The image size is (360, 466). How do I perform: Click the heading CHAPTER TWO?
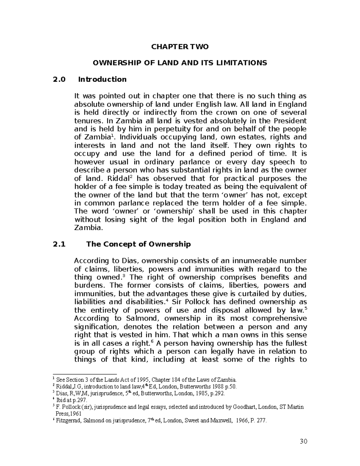pos(180,47)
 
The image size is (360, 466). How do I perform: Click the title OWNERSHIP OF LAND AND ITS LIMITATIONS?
pos(180,63)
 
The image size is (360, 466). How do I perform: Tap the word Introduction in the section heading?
pos(102,80)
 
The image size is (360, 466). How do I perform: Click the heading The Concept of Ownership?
pos(138,244)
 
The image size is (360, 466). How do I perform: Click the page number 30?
pos(304,441)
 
